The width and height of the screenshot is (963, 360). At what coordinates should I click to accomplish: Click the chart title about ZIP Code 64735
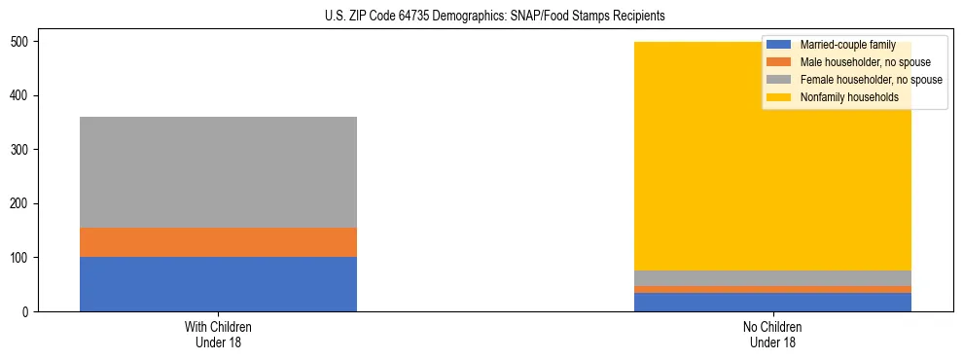coord(495,17)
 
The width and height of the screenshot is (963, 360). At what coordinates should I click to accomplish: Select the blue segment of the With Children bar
coord(218,284)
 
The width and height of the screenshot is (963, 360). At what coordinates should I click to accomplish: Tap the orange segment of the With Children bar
coord(218,242)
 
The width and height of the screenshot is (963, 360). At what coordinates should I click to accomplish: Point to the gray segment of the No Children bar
coord(772,278)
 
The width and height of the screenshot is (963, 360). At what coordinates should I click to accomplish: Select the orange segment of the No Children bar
coord(772,289)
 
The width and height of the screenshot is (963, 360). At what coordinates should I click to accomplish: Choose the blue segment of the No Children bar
coord(772,302)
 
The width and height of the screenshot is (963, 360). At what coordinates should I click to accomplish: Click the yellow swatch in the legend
coord(779,97)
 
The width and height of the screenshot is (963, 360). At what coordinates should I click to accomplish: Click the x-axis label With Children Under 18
coord(218,335)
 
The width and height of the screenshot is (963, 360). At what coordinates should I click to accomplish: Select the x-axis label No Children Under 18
coord(772,335)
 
